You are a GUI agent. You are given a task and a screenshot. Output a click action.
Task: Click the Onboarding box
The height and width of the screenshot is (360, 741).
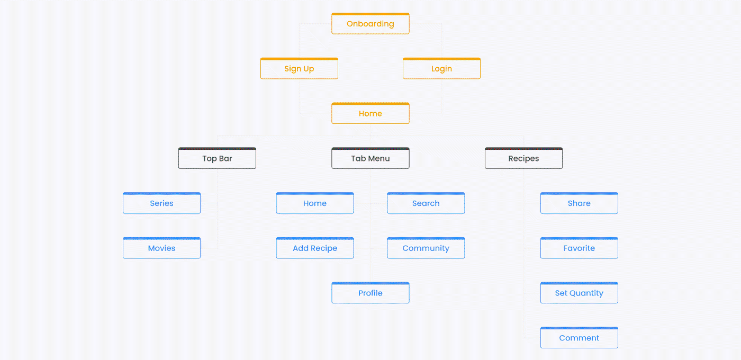click(x=370, y=23)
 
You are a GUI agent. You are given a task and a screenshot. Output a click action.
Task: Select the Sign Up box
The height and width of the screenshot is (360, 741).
click(x=299, y=68)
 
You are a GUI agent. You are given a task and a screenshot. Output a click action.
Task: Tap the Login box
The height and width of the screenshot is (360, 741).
click(x=441, y=68)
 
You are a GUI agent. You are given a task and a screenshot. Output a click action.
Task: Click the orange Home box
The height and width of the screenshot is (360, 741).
click(x=370, y=113)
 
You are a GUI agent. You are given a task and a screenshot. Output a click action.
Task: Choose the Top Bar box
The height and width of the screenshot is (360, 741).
click(x=217, y=158)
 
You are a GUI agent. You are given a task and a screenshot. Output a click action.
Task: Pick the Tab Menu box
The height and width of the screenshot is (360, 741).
click(x=370, y=158)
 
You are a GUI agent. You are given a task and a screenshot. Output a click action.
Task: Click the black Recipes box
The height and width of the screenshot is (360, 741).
click(x=523, y=158)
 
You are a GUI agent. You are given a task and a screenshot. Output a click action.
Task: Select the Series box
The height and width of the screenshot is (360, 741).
click(x=161, y=203)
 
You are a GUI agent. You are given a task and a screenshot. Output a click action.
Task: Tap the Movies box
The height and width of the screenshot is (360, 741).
click(x=161, y=248)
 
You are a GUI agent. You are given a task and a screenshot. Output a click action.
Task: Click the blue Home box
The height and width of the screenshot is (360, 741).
click(x=314, y=203)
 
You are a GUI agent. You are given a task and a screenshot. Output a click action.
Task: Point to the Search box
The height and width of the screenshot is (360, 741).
click(x=426, y=203)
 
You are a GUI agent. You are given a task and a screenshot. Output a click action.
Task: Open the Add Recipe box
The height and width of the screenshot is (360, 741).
click(x=314, y=248)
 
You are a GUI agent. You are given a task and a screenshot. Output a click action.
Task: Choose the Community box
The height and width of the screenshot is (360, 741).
click(x=426, y=248)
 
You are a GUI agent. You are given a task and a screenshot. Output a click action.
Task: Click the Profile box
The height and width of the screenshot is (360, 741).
click(x=370, y=293)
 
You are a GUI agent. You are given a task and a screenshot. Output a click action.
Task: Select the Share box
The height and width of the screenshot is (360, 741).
click(x=579, y=203)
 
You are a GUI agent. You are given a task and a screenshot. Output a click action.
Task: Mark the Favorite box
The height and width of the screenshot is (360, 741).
click(x=579, y=248)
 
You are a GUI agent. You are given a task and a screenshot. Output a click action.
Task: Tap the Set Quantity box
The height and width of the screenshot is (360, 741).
click(x=579, y=293)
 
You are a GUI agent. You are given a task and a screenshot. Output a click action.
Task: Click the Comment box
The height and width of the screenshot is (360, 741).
click(x=579, y=338)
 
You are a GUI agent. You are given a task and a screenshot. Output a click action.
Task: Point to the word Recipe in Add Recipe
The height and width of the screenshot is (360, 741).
click(x=324, y=248)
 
